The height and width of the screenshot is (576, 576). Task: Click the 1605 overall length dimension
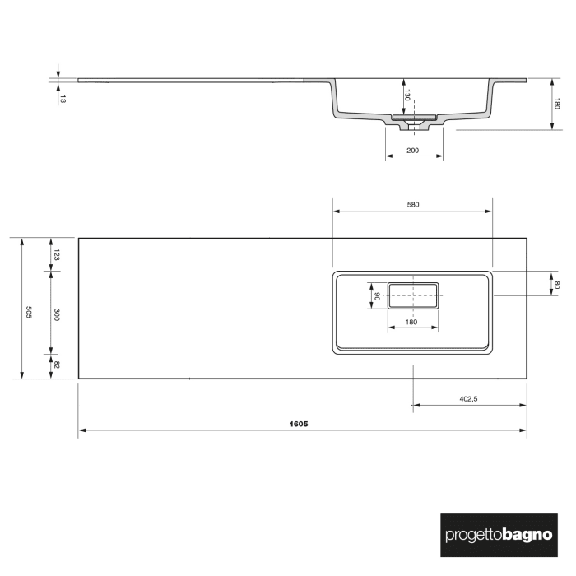(299, 424)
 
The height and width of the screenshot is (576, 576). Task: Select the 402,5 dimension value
(468, 399)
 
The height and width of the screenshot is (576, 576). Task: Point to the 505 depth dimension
(29, 312)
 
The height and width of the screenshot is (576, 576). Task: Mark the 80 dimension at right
(557, 285)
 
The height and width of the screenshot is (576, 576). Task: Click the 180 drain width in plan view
(412, 321)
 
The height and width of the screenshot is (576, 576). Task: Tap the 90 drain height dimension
(376, 295)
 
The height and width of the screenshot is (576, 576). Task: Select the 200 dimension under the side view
(413, 151)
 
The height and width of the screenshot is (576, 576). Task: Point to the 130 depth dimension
(406, 97)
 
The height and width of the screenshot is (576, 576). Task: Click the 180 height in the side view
(557, 104)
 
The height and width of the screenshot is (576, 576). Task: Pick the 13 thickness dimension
(63, 98)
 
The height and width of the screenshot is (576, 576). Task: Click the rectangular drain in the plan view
(413, 295)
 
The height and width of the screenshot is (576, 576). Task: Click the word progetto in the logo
(471, 535)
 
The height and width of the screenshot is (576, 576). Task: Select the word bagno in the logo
(525, 535)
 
